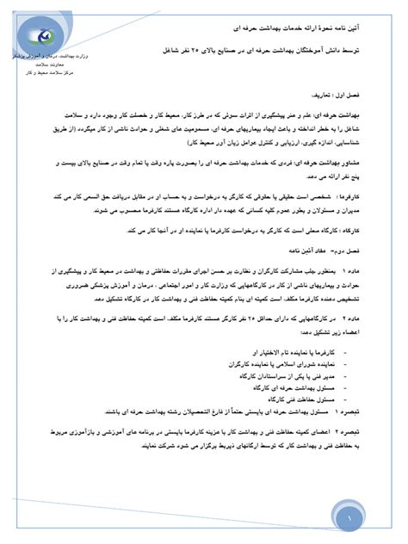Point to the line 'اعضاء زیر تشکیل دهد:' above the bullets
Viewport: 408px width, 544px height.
click(344, 328)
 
